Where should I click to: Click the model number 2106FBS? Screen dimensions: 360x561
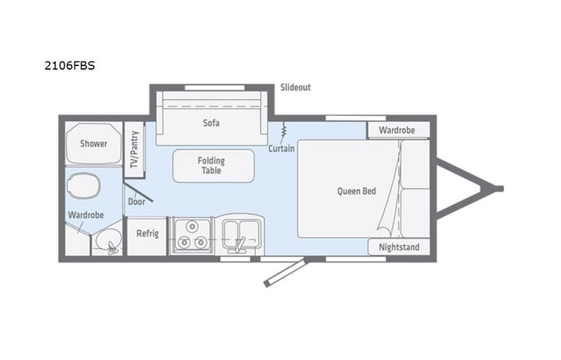(70, 66)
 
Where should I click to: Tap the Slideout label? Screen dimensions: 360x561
(295, 88)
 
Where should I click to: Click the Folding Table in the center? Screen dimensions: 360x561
(213, 165)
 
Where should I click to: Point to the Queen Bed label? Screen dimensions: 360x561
(357, 191)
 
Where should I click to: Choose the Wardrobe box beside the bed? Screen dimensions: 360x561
(397, 130)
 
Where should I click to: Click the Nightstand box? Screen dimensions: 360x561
(398, 247)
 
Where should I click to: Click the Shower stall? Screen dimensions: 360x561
(94, 143)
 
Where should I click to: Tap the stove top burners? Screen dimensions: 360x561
(190, 235)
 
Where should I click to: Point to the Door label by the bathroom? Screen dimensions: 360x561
(137, 201)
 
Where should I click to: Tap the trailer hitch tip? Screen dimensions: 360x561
(499, 188)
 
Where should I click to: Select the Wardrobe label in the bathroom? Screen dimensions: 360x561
(85, 216)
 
